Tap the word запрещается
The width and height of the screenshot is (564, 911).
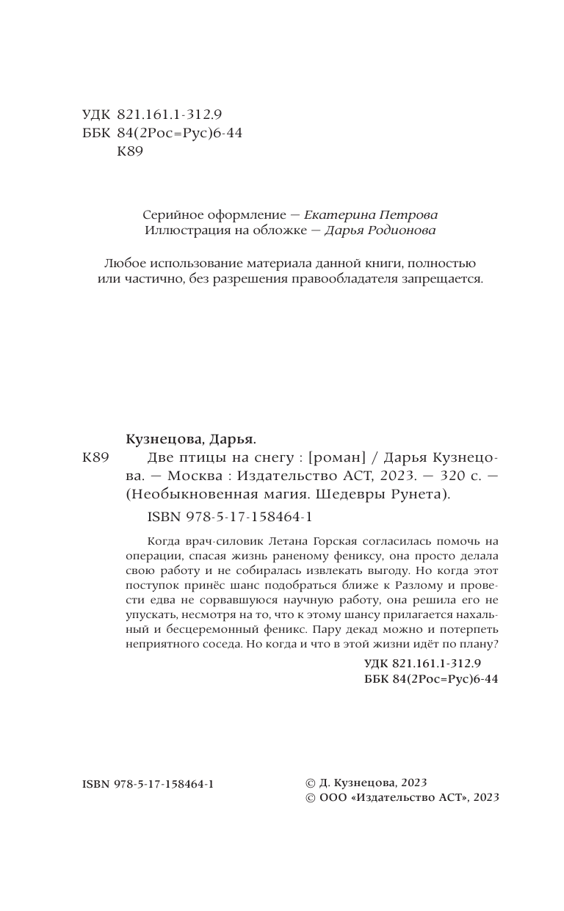(444, 280)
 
